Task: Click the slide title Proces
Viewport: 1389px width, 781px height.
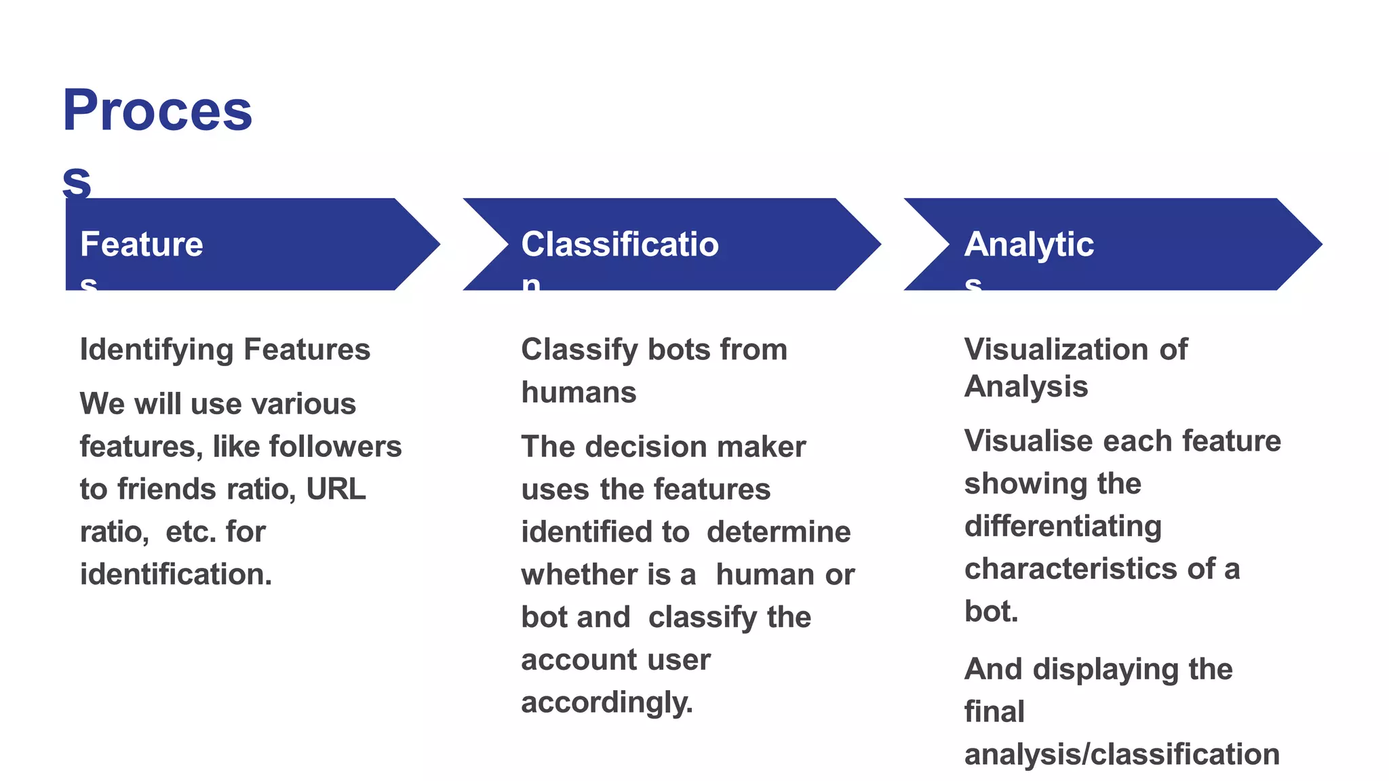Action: (157, 111)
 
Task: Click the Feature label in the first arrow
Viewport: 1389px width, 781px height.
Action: (141, 245)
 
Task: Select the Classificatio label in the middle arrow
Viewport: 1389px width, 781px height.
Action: (619, 245)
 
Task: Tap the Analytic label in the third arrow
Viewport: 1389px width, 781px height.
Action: (1028, 245)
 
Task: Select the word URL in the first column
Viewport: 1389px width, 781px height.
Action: (336, 489)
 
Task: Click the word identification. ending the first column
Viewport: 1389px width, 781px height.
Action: (176, 574)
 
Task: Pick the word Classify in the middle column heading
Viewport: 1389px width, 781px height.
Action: (579, 351)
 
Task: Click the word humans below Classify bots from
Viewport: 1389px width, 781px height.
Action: (579, 393)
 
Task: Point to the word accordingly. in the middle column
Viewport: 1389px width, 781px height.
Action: (607, 702)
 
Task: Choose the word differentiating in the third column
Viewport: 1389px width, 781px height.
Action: (1063, 527)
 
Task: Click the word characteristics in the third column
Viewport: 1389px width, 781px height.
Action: (1070, 569)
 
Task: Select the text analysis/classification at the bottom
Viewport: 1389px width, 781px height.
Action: (1122, 755)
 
